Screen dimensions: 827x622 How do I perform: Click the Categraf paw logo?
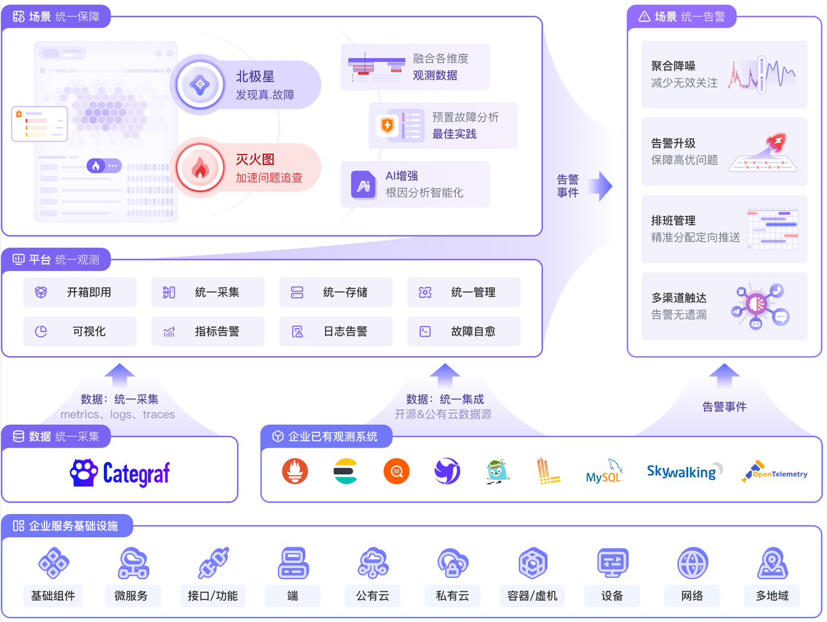83,473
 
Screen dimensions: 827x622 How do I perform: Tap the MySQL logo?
604,471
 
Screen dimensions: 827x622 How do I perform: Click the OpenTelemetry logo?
775,471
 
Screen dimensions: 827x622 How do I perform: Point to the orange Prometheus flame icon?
295,471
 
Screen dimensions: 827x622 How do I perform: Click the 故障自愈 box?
464,331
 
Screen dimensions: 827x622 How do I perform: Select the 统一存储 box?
336,292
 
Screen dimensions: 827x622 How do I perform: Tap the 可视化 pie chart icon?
41,331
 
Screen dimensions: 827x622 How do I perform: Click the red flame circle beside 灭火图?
200,167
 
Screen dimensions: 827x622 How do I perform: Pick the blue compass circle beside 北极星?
200,83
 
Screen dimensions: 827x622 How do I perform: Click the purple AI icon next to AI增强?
363,184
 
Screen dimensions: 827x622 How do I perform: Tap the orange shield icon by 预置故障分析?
387,125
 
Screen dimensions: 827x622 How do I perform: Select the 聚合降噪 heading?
673,66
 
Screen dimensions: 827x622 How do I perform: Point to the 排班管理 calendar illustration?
772,229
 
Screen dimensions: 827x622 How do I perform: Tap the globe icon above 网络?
693,563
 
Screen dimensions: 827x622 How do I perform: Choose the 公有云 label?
373,595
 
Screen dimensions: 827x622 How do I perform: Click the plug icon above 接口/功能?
213,563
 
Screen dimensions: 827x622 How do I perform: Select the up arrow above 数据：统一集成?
445,375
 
